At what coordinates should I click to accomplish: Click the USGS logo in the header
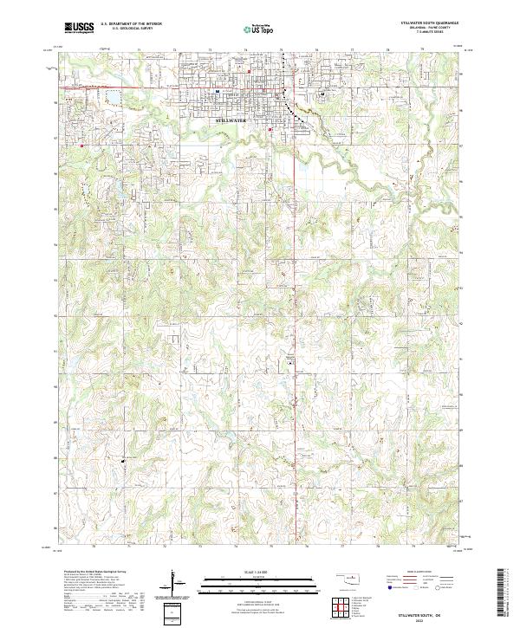pyautogui.click(x=79, y=28)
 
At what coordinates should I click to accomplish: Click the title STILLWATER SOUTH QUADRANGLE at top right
pyautogui.click(x=430, y=23)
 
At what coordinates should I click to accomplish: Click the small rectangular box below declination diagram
pyautogui.click(x=177, y=611)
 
